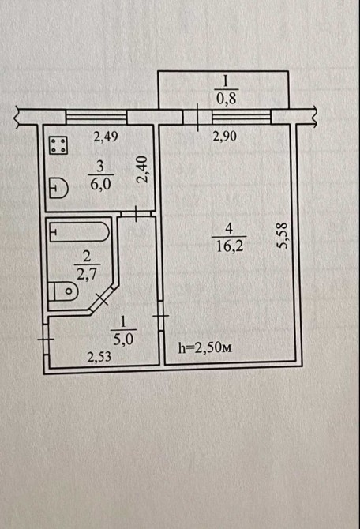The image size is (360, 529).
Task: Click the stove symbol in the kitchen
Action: click(x=58, y=145)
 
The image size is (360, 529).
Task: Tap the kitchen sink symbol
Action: click(x=58, y=188)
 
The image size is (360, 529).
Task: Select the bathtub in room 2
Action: click(x=80, y=231)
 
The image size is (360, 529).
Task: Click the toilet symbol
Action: click(x=63, y=291)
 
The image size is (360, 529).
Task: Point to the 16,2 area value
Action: click(x=230, y=246)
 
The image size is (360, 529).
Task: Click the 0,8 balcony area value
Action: click(x=227, y=99)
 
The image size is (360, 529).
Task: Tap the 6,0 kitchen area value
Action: click(x=100, y=184)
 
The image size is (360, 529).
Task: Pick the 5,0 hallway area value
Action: click(x=123, y=339)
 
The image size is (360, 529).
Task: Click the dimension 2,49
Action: click(x=105, y=137)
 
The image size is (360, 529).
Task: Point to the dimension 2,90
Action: click(x=224, y=137)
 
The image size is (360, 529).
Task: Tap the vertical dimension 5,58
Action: click(x=282, y=234)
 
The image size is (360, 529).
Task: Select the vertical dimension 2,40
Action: click(x=143, y=169)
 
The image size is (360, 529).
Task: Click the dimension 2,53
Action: click(x=99, y=357)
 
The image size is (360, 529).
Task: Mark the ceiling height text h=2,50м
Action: click(x=204, y=347)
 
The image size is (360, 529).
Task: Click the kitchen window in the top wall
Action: click(x=96, y=117)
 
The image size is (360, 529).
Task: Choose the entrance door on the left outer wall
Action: click(x=47, y=339)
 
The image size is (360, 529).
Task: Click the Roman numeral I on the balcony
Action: click(x=226, y=81)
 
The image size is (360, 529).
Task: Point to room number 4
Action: click(x=229, y=229)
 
